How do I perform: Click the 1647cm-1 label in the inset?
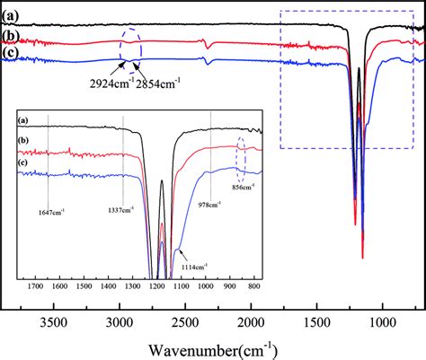pyautogui.click(x=51, y=212)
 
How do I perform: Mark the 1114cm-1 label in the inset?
pyautogui.click(x=193, y=266)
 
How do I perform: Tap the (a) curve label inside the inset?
pyautogui.click(x=22, y=120)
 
